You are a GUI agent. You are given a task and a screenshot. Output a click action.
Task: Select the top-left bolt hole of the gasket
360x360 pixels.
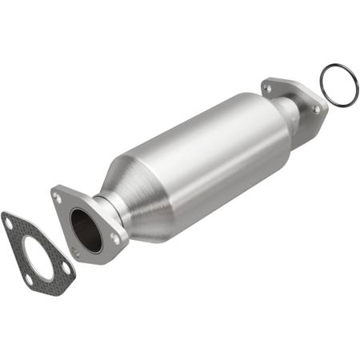(x=10, y=225)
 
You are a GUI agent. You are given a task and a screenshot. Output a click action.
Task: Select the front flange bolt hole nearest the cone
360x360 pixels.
(x=114, y=238)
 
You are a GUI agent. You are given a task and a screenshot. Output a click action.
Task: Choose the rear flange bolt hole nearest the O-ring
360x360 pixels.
(x=316, y=109)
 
